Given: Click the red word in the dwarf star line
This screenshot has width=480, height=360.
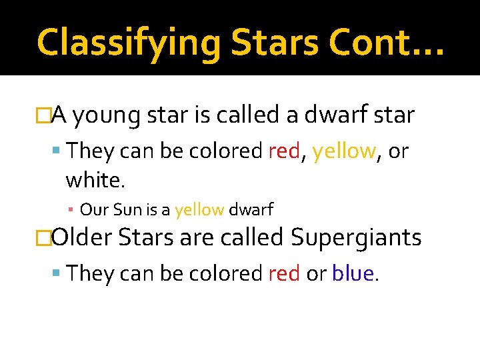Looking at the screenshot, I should click(283, 151).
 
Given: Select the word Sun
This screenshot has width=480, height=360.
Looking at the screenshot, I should click(127, 210).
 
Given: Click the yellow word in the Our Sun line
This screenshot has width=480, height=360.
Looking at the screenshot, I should click(199, 210).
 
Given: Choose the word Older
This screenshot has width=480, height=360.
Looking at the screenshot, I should click(83, 237).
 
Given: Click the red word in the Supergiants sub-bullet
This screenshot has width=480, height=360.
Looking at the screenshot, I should click(283, 273).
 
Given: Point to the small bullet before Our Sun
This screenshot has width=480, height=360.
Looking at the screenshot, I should click(71, 211).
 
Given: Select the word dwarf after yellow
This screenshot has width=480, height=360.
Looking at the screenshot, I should click(251, 210).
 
